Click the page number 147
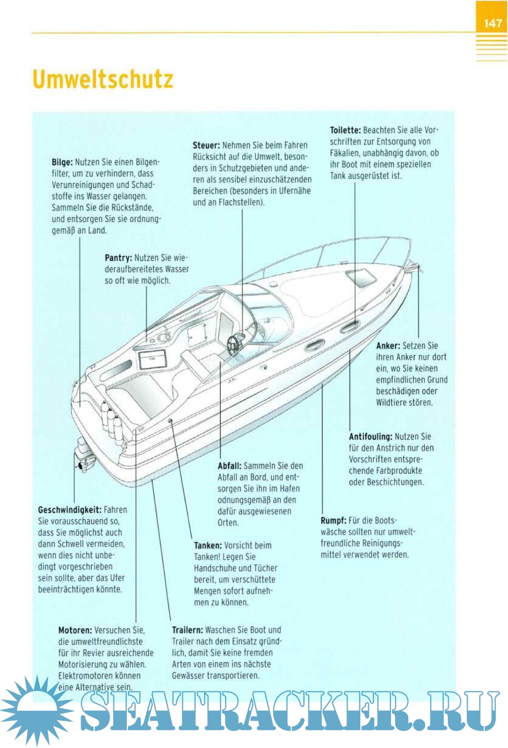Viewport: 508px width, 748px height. [492, 23]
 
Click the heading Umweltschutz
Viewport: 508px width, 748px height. [103, 80]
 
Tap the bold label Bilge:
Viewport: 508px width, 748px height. [62, 162]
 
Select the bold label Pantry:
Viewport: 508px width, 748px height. [118, 258]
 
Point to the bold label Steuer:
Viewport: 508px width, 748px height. [206, 145]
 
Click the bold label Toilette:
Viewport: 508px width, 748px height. [345, 130]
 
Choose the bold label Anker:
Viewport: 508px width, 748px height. [388, 346]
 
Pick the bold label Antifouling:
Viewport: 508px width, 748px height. [370, 437]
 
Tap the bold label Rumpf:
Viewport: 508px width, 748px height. [333, 521]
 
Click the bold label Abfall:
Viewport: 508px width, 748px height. [230, 466]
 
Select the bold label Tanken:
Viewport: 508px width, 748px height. [208, 546]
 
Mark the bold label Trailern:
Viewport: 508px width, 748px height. [187, 630]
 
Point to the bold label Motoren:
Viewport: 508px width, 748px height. [75, 630]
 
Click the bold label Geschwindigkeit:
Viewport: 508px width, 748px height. [70, 510]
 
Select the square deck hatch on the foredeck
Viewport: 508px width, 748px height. [361, 278]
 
